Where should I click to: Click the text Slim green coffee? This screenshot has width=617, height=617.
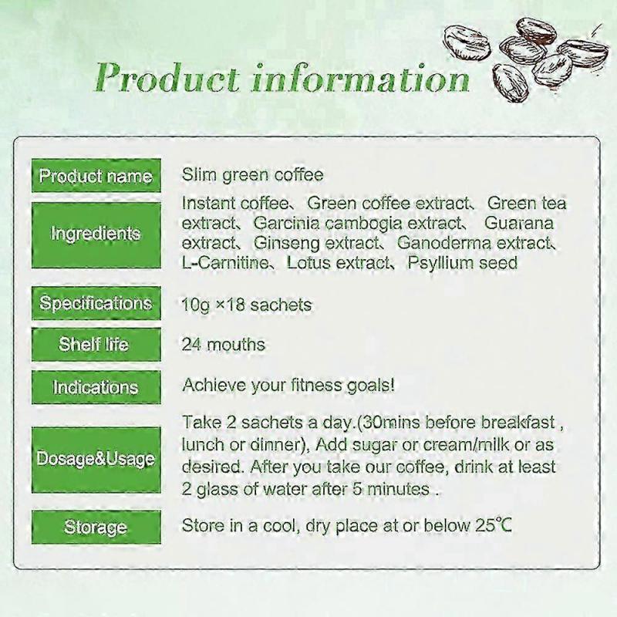(252, 175)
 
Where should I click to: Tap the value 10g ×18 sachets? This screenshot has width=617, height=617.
(247, 305)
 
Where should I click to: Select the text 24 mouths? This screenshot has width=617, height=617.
(223, 345)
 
